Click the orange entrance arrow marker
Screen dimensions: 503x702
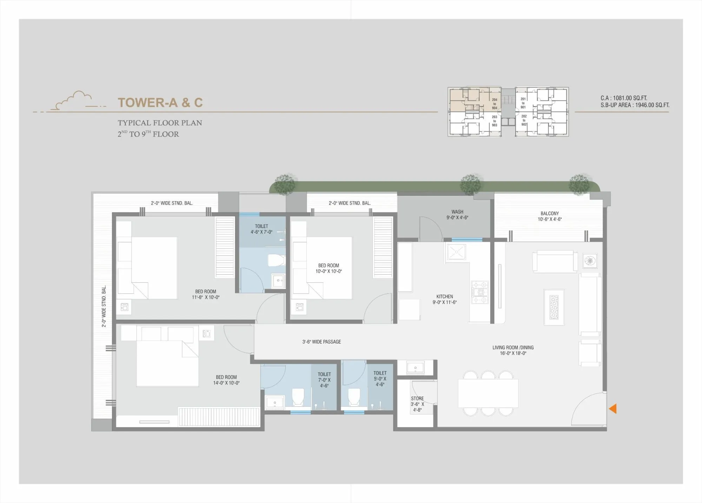point(613,409)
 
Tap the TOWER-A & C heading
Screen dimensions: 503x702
point(160,103)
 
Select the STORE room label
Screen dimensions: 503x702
point(417,404)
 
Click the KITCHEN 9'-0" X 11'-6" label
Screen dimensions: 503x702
point(444,299)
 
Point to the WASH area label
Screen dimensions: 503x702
point(457,215)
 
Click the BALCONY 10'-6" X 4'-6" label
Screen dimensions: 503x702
point(549,216)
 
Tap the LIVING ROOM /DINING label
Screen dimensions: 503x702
point(513,350)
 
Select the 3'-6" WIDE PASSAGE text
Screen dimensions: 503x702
point(322,342)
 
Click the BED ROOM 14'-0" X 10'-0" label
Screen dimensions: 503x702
point(226,380)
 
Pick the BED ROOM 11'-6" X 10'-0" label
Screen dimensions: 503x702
point(206,294)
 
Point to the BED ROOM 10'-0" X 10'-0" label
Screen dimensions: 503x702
point(329,268)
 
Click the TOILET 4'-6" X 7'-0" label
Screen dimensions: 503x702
point(261,229)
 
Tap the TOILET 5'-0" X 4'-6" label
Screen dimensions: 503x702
point(380,379)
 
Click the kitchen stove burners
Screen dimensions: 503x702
point(479,292)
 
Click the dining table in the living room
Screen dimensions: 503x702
point(488,393)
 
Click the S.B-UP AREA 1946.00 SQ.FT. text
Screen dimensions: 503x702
point(635,105)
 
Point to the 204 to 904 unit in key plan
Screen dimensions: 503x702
point(494,104)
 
